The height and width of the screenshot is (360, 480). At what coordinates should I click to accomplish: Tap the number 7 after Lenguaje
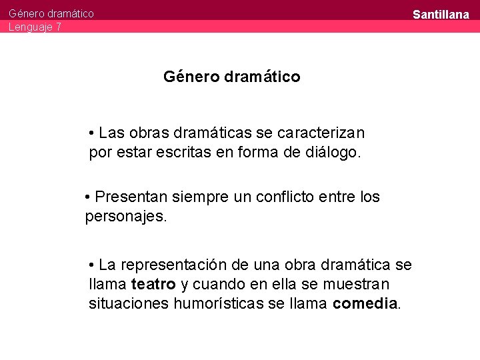coord(59,27)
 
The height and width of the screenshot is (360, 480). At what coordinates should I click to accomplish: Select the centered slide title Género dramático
coord(231,77)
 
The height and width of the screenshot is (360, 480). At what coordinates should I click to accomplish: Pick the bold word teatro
coord(153,285)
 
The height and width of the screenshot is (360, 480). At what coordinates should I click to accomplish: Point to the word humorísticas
coord(223,304)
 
